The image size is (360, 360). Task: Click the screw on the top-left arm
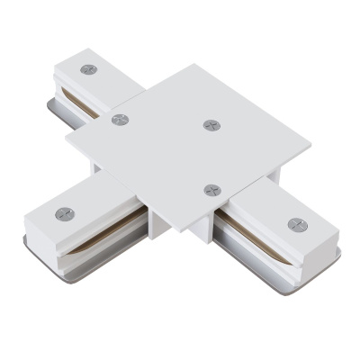87,69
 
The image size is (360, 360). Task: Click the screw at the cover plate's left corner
119,119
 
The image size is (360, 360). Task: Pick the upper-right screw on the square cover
211,124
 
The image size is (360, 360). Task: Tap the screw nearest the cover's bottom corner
211,190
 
